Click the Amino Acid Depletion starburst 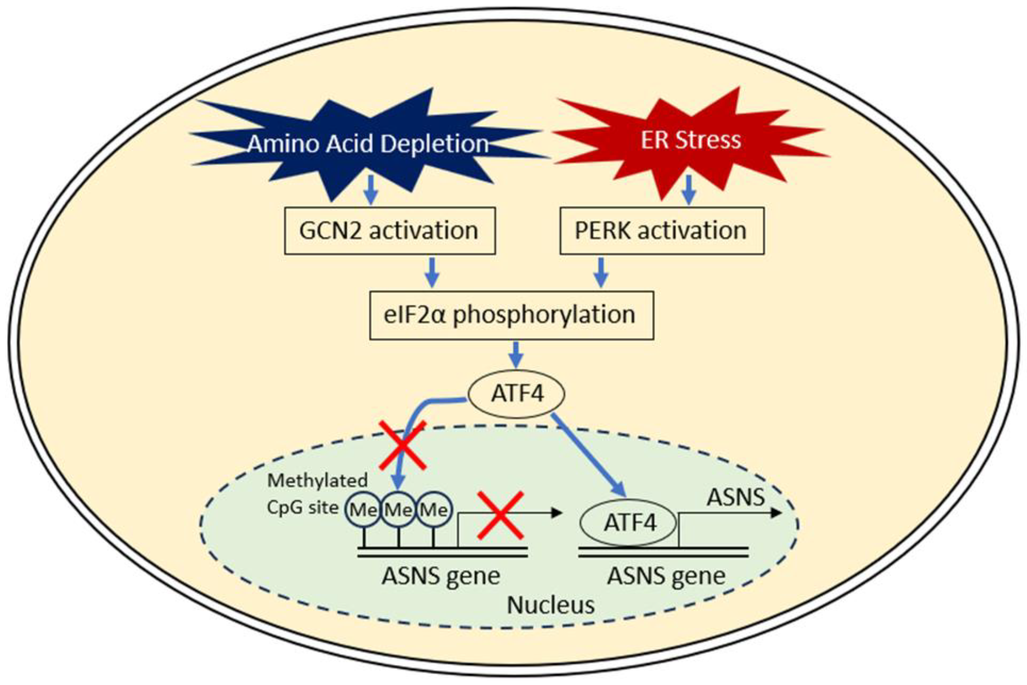(x=367, y=144)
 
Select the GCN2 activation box (x=389, y=231)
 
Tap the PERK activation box (x=662, y=231)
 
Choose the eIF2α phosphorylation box (x=511, y=315)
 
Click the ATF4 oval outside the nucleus (x=516, y=394)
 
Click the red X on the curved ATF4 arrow (x=402, y=445)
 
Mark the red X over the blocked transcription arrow (x=500, y=515)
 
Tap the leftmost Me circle (x=363, y=509)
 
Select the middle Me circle (x=398, y=509)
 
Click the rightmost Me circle (x=434, y=509)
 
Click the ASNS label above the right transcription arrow (x=736, y=497)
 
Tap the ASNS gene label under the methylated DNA (x=441, y=576)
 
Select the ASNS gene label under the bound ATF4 (x=666, y=576)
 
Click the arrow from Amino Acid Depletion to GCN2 (x=371, y=190)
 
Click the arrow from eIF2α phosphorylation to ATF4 (x=517, y=355)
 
